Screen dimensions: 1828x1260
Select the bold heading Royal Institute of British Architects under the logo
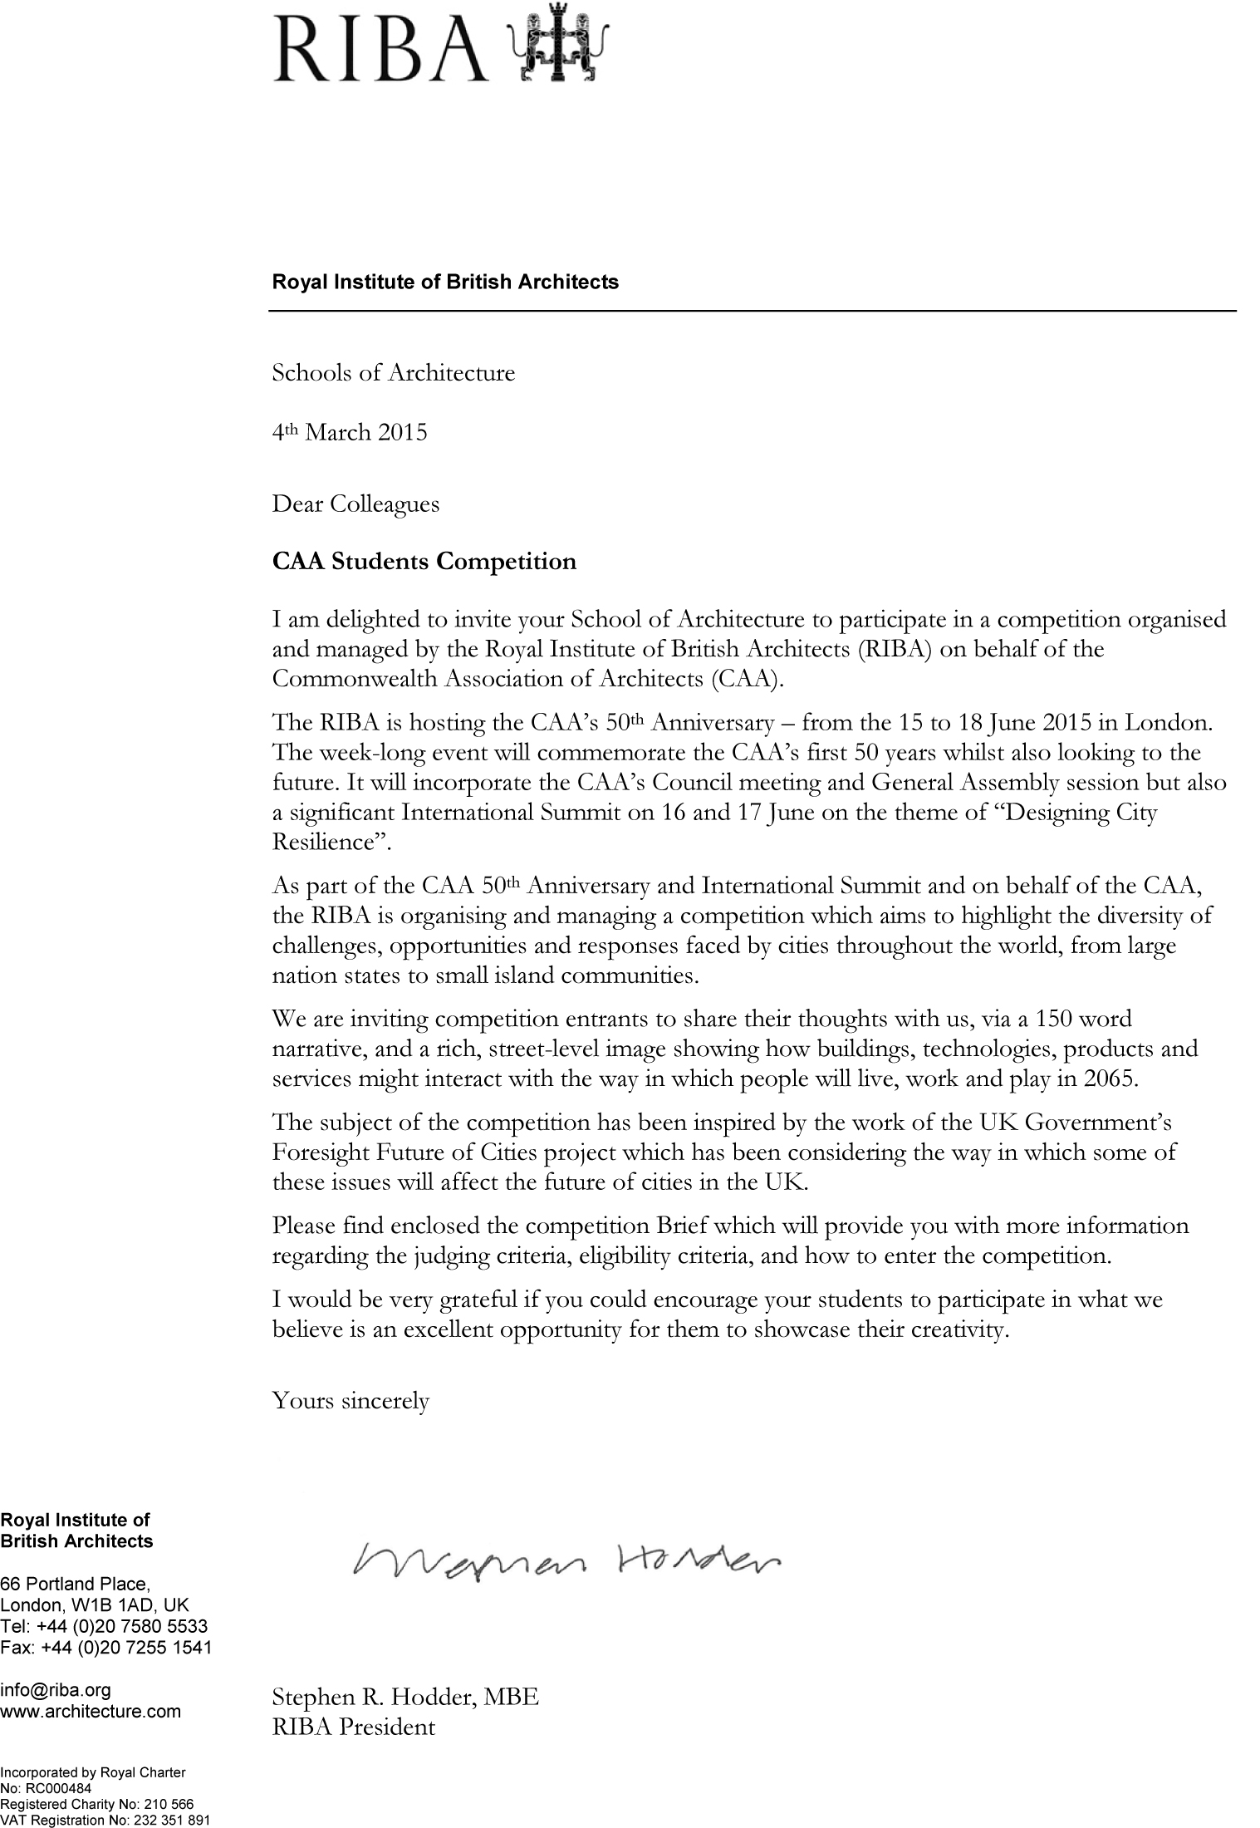(x=445, y=282)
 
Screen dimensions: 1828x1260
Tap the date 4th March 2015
(x=350, y=432)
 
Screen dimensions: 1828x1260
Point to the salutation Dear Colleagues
(x=355, y=504)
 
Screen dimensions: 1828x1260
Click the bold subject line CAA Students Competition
(x=424, y=562)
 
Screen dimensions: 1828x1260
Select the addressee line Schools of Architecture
(x=394, y=373)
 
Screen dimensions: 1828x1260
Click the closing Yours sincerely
(x=351, y=1401)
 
